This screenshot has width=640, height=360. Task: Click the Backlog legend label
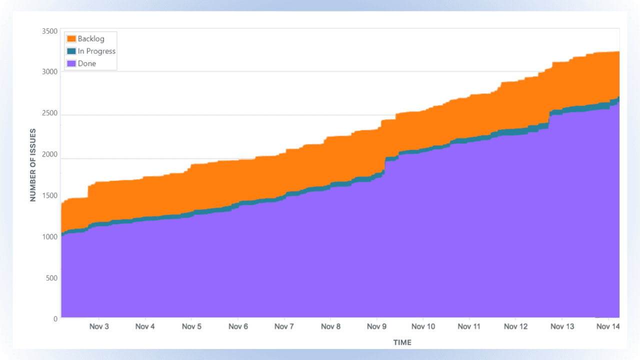pyautogui.click(x=90, y=38)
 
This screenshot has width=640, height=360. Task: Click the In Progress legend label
pyautogui.click(x=96, y=51)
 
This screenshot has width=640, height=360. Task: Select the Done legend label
pyautogui.click(x=86, y=63)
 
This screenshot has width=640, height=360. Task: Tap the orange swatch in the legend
pyautogui.click(x=71, y=38)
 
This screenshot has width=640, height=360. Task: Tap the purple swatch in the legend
pyautogui.click(x=71, y=63)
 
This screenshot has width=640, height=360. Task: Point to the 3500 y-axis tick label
pyautogui.click(x=49, y=31)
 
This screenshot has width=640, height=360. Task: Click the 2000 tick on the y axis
pyautogui.click(x=49, y=154)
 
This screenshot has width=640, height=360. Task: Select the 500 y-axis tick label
pyautogui.click(x=51, y=277)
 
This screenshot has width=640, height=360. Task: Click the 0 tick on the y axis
pyautogui.click(x=56, y=318)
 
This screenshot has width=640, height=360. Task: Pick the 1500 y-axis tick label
pyautogui.click(x=49, y=195)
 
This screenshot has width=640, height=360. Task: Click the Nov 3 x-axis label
pyautogui.click(x=98, y=326)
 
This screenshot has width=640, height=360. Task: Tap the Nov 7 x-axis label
pyautogui.click(x=284, y=326)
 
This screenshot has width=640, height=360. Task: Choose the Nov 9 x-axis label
pyautogui.click(x=376, y=326)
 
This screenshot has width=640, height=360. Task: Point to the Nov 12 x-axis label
pyautogui.click(x=515, y=326)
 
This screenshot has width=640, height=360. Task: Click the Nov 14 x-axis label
pyautogui.click(x=608, y=326)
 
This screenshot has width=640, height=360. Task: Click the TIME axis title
pyautogui.click(x=402, y=342)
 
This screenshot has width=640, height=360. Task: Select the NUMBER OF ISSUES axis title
pyautogui.click(x=33, y=164)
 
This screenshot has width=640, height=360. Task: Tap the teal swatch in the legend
pyautogui.click(x=71, y=51)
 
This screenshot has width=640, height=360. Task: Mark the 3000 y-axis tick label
pyautogui.click(x=49, y=71)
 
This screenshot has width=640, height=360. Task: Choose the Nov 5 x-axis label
pyautogui.click(x=191, y=326)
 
